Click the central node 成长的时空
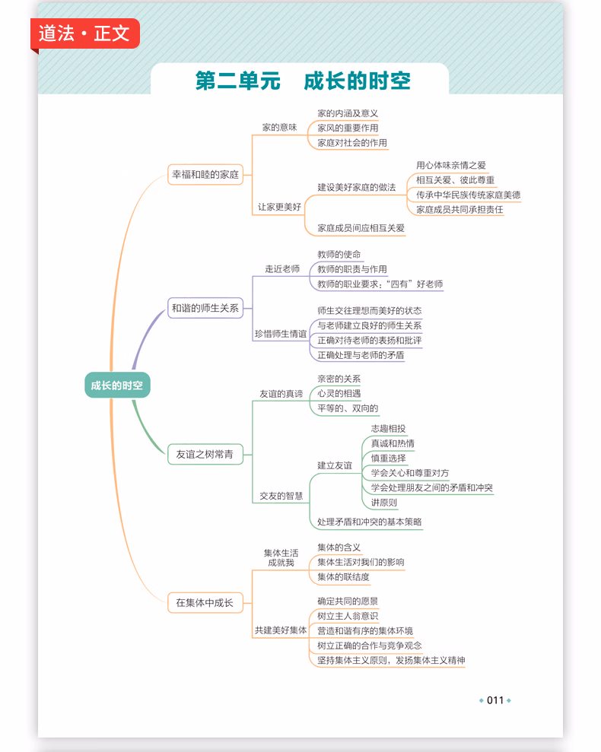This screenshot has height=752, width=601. [x=117, y=385]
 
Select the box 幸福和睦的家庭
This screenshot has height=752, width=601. [x=205, y=175]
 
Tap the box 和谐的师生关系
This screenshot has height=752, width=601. [x=205, y=308]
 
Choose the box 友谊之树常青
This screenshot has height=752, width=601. [x=205, y=454]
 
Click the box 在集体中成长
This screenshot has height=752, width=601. [x=205, y=603]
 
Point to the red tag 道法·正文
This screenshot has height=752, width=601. [x=85, y=33]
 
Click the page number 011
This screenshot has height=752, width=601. [x=495, y=700]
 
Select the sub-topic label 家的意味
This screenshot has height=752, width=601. [x=279, y=127]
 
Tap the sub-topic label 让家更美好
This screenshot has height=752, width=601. [x=279, y=207]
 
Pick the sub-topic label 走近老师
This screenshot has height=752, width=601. [x=282, y=269]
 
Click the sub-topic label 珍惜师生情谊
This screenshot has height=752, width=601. [x=280, y=334]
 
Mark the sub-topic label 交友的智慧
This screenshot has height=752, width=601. [x=281, y=496]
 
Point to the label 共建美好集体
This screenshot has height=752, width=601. [x=280, y=630]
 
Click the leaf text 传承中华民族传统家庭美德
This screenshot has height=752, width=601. [x=468, y=195]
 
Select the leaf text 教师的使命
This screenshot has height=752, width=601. [x=339, y=254]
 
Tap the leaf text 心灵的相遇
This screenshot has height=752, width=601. [x=339, y=393]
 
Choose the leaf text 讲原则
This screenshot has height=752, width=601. [x=384, y=503]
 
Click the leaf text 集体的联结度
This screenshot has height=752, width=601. [x=343, y=577]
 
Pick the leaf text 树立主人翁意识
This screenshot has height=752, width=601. [x=348, y=616]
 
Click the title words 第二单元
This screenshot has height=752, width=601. [x=237, y=81]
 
